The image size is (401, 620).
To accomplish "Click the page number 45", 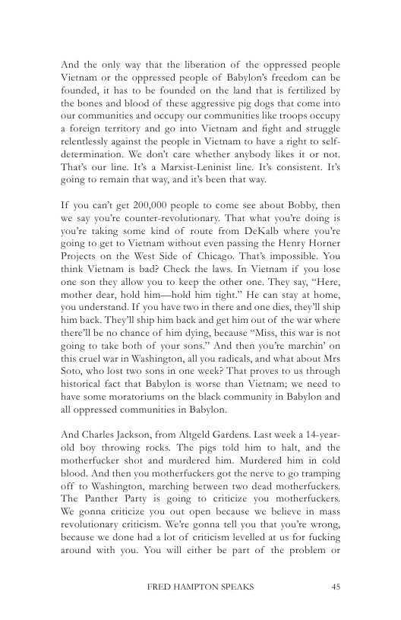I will pos(335,587).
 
